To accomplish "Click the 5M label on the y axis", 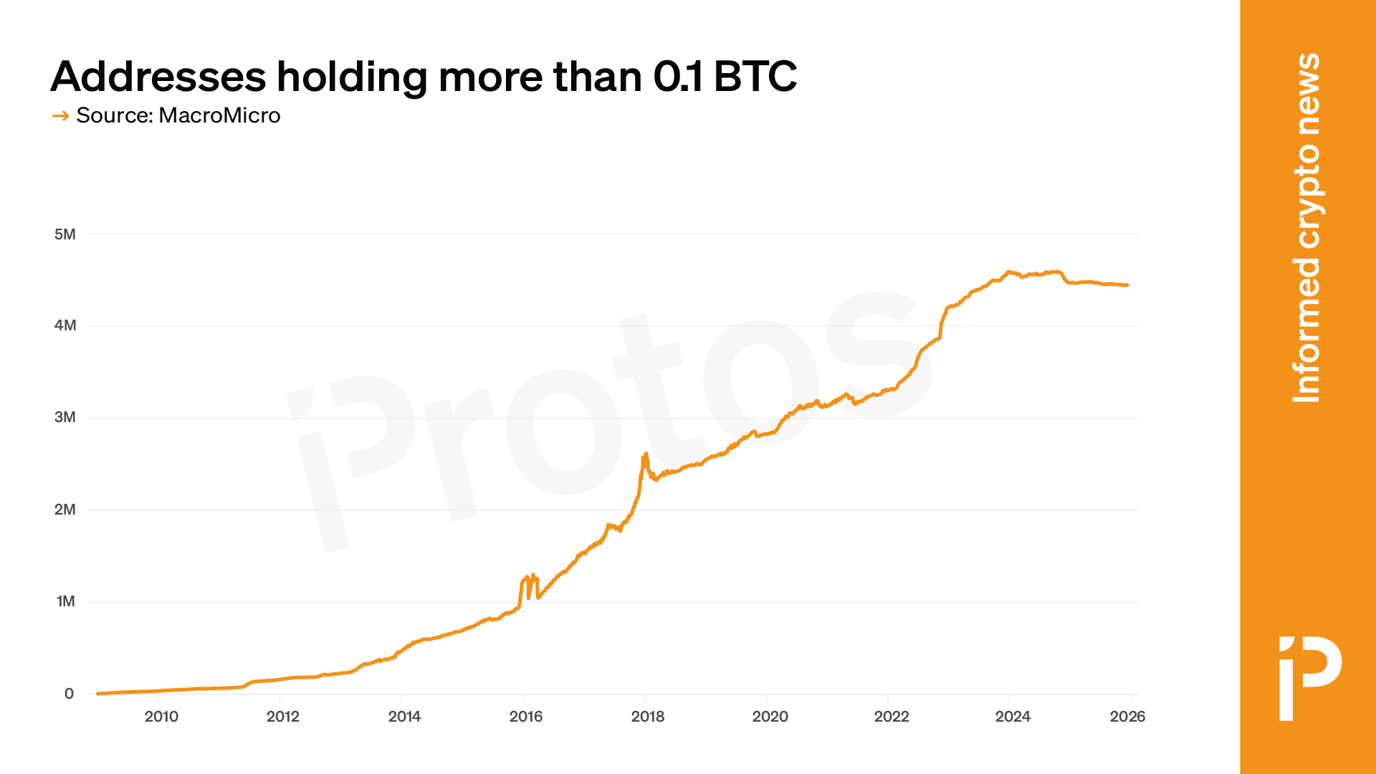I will [64, 234].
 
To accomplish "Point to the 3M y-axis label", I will [64, 417].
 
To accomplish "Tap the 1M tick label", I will [65, 601].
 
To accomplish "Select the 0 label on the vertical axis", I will [69, 694].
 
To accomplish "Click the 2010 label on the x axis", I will [161, 717].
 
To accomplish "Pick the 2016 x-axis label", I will [526, 717].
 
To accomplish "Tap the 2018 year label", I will [648, 717].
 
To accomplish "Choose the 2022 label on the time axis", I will [892, 717].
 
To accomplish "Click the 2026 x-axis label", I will [1127, 717].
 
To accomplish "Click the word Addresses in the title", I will [158, 76].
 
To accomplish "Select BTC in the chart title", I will [755, 76].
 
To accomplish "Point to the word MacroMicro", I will [219, 115].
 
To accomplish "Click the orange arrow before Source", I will [60, 115].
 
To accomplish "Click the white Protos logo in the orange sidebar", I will [1310, 677].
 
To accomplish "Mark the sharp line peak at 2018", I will [646, 454].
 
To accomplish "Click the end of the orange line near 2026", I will [1127, 285].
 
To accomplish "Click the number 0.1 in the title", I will [678, 76].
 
